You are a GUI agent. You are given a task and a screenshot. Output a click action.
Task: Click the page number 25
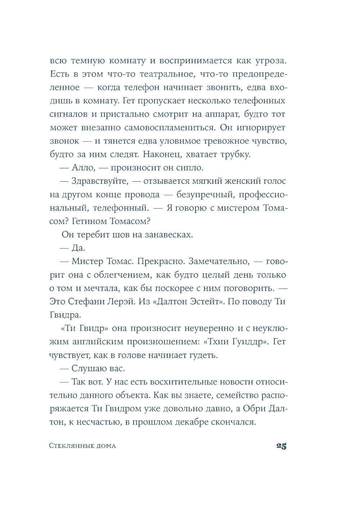coord(281,446)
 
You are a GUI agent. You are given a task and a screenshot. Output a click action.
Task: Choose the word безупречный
coord(199,195)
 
